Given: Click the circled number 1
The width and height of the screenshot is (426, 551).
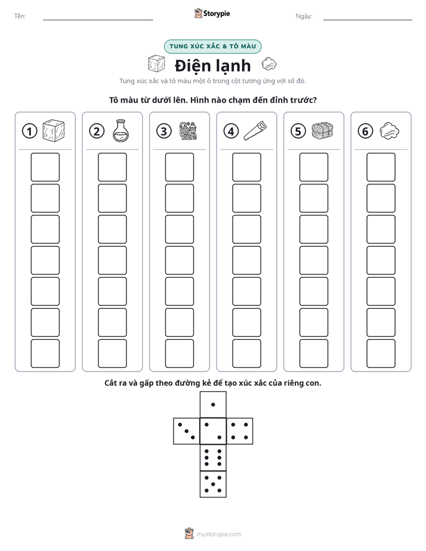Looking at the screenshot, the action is click(29, 131).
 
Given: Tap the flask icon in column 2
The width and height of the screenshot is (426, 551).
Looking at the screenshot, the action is click(121, 131).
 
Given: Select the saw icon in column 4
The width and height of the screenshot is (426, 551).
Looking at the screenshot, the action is click(255, 131).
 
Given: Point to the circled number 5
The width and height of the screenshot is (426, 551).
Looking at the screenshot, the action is click(298, 131).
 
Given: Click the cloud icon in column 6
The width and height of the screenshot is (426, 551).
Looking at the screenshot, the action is click(390, 131).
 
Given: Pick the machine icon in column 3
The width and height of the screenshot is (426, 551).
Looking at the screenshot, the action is click(188, 131).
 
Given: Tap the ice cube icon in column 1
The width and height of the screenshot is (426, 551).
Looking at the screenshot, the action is click(54, 131).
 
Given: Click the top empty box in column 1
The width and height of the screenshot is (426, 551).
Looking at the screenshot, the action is click(45, 167).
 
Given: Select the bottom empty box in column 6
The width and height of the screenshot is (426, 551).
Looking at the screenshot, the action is click(381, 354).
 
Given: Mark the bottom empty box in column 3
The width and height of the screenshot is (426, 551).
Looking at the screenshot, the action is click(179, 354).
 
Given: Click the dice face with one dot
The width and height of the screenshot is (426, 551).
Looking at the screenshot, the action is click(213, 404).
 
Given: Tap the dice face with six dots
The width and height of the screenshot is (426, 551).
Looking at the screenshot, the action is click(213, 457).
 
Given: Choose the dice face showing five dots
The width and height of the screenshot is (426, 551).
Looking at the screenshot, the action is click(213, 484).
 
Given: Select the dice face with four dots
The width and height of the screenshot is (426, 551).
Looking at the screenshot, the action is click(240, 431).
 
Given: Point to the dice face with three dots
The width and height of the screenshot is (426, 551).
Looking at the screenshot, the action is click(186, 431).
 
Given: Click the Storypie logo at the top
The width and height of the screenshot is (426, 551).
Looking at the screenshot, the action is click(212, 13).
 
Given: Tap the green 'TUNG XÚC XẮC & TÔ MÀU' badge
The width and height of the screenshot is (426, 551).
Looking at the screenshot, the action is click(212, 47).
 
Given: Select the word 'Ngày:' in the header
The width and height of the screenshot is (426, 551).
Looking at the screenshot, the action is click(304, 16).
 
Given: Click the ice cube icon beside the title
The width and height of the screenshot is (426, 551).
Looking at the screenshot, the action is click(156, 64).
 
